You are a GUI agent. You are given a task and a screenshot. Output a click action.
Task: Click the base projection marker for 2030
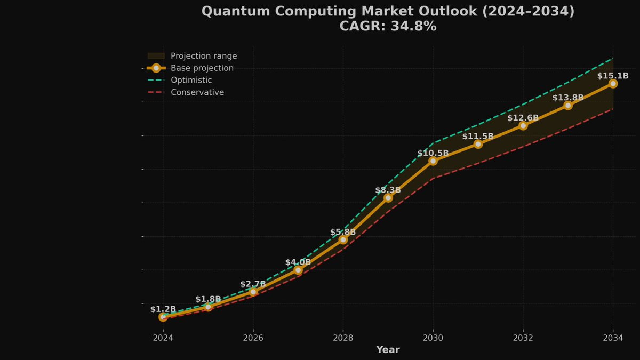(433, 161)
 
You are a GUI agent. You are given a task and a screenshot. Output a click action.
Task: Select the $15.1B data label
(613, 76)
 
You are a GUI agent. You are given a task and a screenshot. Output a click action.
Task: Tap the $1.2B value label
(163, 309)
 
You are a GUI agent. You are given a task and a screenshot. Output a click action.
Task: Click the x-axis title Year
(388, 350)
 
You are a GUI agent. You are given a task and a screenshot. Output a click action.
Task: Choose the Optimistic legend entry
(191, 80)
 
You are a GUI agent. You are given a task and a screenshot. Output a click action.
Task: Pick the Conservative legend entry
(197, 92)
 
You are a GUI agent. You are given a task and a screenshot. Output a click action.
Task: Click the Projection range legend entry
(203, 56)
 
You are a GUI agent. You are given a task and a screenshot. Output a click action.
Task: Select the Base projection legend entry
(202, 68)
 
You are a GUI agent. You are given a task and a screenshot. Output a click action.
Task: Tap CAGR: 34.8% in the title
(388, 26)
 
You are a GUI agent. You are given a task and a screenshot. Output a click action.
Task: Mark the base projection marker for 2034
(613, 84)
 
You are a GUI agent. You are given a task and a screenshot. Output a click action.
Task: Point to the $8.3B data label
(388, 190)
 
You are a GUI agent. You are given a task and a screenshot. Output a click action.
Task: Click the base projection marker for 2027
(298, 270)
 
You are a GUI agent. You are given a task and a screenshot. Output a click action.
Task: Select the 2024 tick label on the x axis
(163, 338)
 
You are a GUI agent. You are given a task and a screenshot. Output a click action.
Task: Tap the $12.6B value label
(523, 118)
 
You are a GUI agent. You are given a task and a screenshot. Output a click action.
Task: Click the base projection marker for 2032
(523, 125)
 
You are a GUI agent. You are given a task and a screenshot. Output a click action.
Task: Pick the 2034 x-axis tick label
(613, 338)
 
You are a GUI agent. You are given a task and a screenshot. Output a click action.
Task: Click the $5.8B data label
(343, 232)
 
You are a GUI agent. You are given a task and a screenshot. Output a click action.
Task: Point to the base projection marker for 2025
(208, 307)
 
